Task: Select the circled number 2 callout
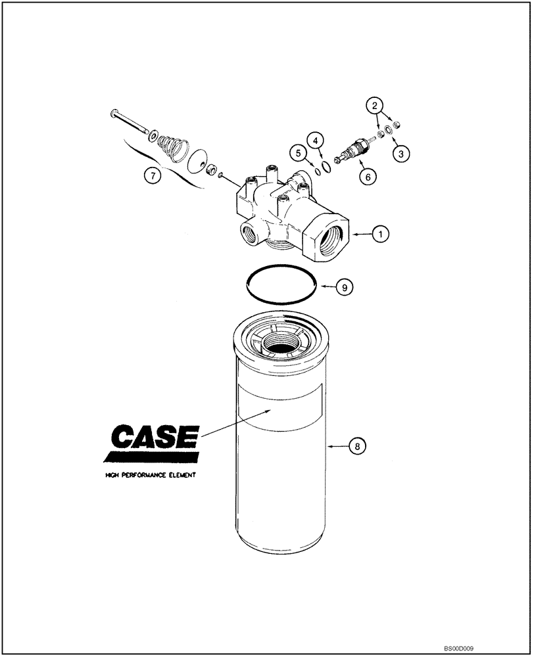[374, 104]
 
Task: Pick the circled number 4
[316, 141]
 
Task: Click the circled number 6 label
[367, 176]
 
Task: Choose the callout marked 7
[152, 175]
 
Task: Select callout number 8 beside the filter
[356, 446]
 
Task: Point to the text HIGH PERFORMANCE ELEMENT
[150, 474]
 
